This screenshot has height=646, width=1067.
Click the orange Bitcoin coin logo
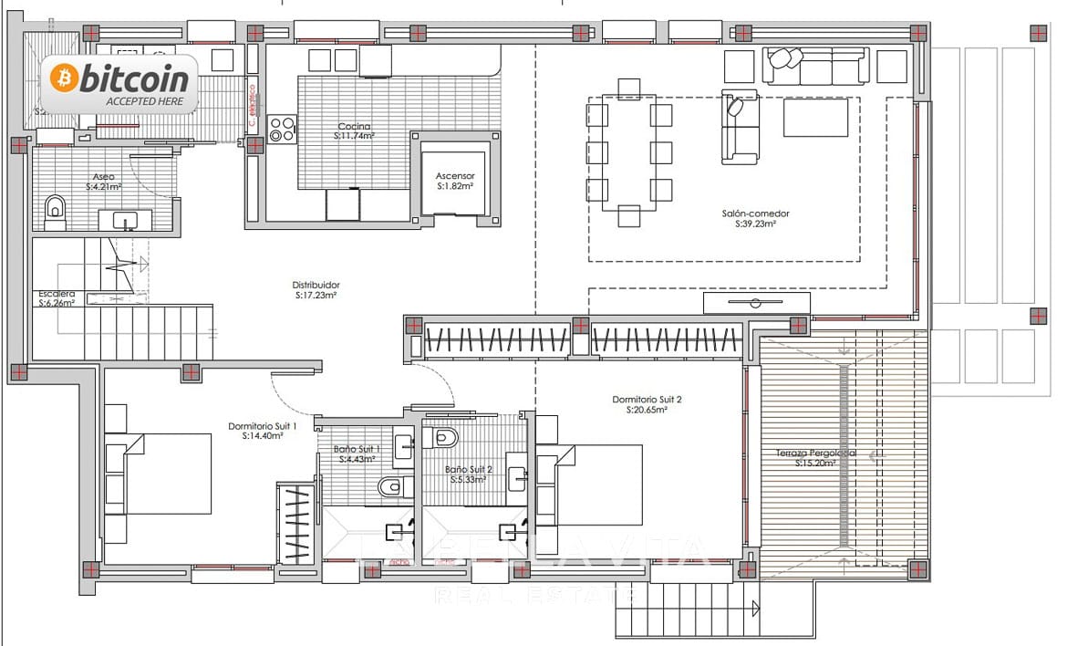click(64, 78)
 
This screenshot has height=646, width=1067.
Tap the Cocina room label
click(354, 127)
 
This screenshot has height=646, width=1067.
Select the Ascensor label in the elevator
click(454, 176)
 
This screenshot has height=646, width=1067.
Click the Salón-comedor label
click(755, 214)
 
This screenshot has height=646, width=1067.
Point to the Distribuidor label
click(316, 285)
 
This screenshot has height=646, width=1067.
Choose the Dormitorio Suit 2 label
click(647, 400)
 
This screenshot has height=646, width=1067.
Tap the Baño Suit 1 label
click(356, 449)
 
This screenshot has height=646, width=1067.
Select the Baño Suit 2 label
click(469, 469)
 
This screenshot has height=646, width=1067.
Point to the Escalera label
click(55, 294)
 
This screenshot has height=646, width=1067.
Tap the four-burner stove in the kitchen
click(282, 129)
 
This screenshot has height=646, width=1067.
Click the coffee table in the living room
click(814, 118)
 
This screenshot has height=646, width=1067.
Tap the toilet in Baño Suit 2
click(444, 438)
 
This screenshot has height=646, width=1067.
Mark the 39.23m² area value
click(755, 223)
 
